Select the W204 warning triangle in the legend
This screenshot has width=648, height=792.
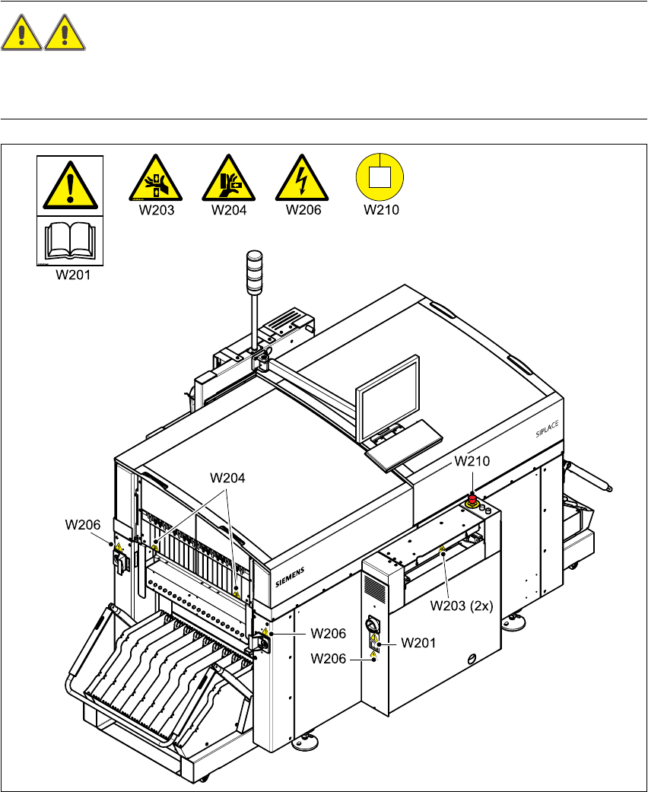click(x=229, y=180)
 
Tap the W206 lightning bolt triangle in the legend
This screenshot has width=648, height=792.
click(x=302, y=180)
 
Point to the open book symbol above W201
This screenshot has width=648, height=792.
click(x=69, y=241)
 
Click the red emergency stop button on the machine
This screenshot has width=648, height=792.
click(x=472, y=499)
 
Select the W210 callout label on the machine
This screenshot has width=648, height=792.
click(x=473, y=461)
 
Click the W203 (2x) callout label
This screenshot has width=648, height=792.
click(x=462, y=606)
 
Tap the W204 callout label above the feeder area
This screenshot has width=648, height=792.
click(x=228, y=478)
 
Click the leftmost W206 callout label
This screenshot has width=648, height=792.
click(x=83, y=524)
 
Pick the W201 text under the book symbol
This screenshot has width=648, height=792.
click(x=73, y=276)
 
